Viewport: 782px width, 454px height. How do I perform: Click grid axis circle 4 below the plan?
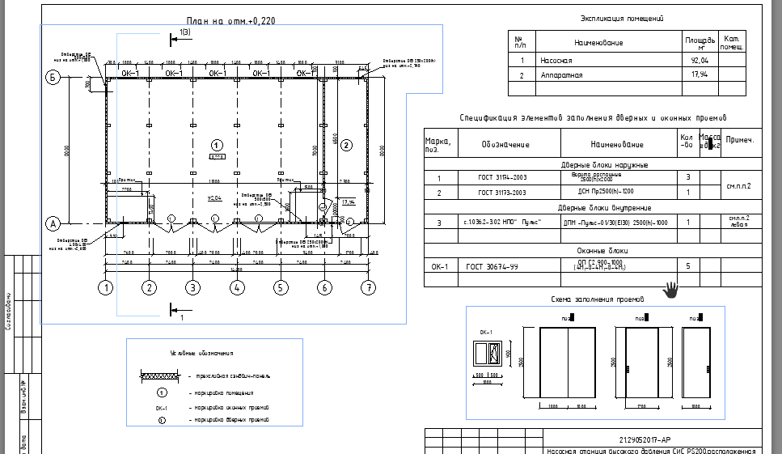coord(236,286)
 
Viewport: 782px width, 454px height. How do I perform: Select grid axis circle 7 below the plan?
coord(369,286)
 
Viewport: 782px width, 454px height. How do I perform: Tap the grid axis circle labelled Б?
coord(54,78)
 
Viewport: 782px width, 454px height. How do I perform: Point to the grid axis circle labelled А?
coord(54,223)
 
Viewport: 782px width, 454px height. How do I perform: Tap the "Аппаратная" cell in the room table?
coord(560,74)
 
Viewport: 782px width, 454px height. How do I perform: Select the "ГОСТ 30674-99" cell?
coord(492,265)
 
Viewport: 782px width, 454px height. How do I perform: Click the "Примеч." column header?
coord(740,140)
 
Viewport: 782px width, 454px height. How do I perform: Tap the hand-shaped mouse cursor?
coord(671,289)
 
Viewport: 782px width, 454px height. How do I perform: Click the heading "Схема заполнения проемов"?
coord(594,299)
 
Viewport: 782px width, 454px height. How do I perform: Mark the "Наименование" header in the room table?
coord(598,41)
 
